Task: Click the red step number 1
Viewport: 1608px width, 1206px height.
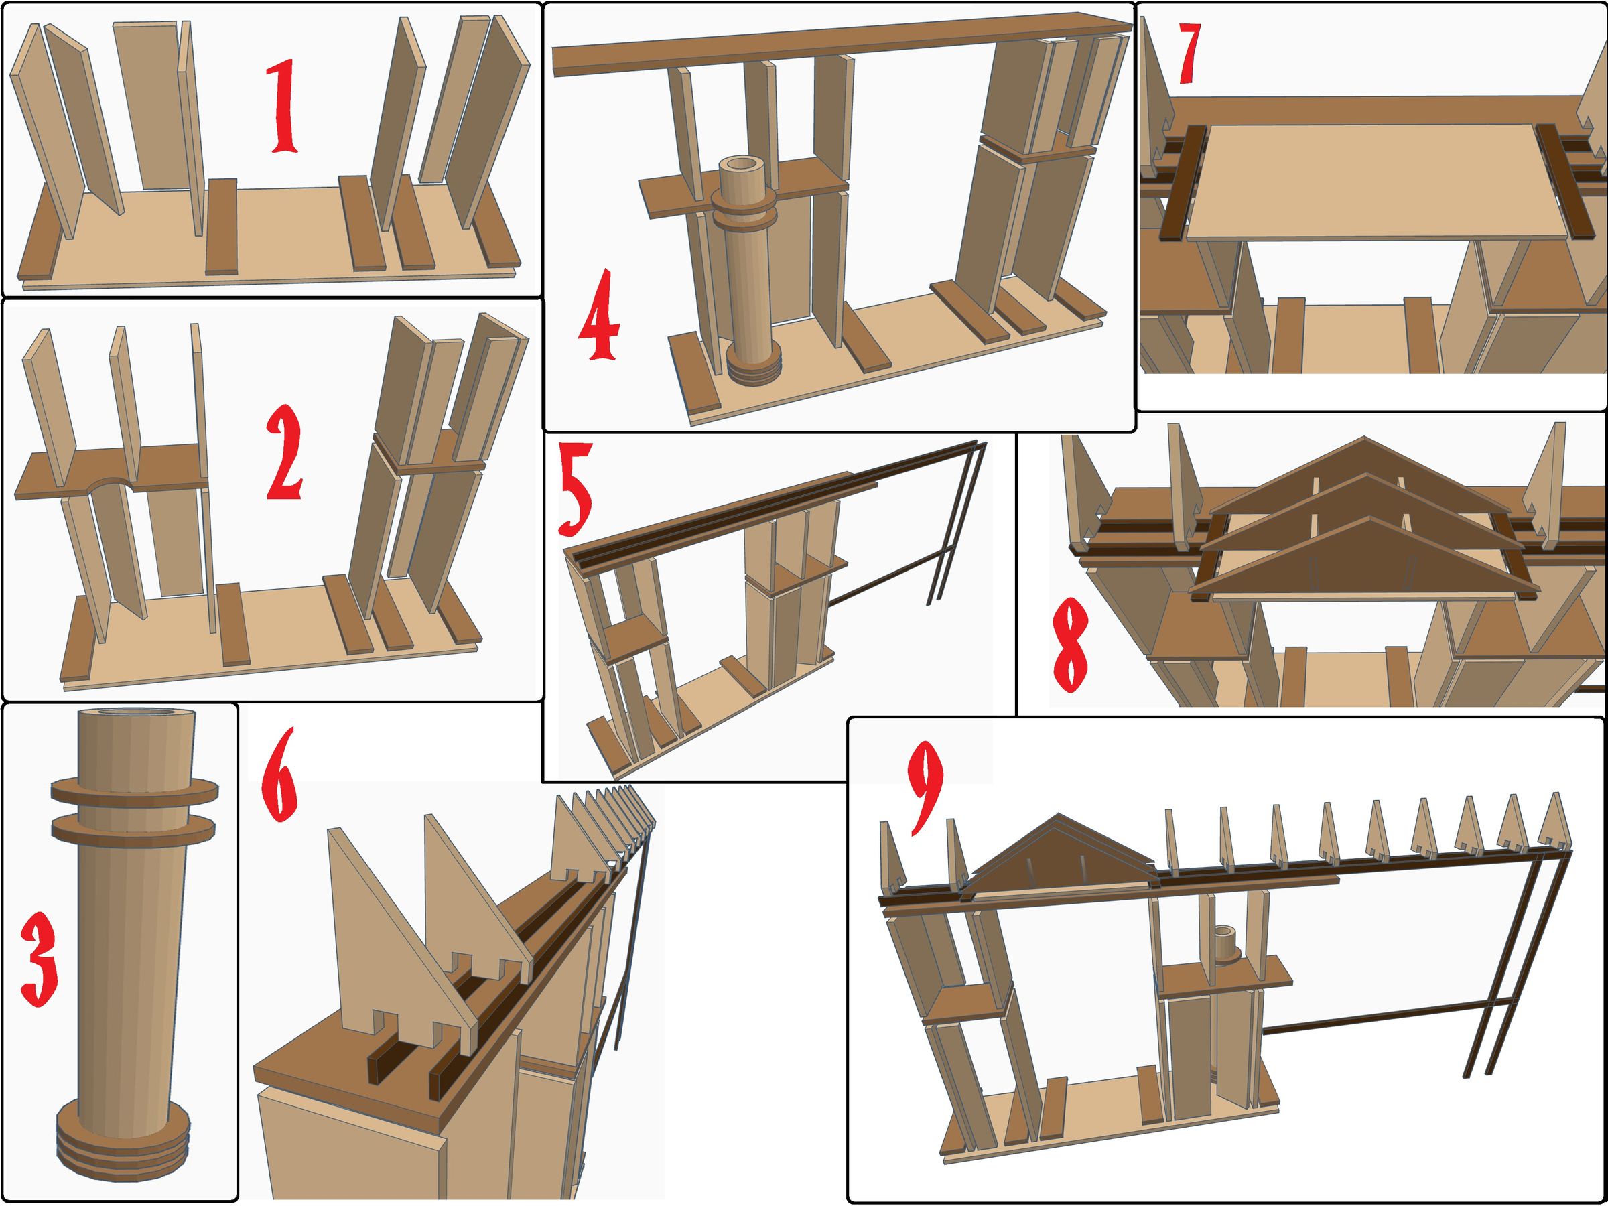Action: pyautogui.click(x=285, y=107)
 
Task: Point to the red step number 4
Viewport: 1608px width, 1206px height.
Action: pyautogui.click(x=599, y=314)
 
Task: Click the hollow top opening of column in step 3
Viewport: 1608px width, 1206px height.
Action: pyautogui.click(x=136, y=713)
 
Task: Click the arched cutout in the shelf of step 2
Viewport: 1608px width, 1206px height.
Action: pyautogui.click(x=110, y=486)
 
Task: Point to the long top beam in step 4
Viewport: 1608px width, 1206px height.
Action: pyautogui.click(x=842, y=45)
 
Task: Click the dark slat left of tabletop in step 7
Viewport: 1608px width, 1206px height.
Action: pyautogui.click(x=1182, y=182)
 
